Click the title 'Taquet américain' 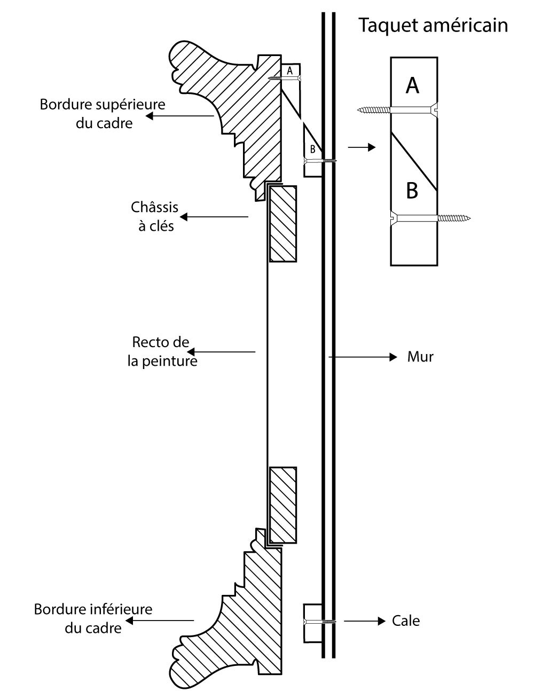coord(433,25)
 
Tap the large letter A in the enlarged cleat coord(412,85)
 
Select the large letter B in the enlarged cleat coord(412,190)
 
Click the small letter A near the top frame coord(290,70)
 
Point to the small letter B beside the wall coord(312,150)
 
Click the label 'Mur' coord(420,357)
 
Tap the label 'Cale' coord(406,621)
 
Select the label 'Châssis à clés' coord(155,216)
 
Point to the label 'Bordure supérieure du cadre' coord(103,113)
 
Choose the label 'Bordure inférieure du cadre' coord(93,618)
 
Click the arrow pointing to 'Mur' coord(363,356)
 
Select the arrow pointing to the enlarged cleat coord(362,147)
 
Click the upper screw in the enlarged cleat coord(398,110)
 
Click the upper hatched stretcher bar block coord(282,223)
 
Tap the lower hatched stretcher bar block coord(283,505)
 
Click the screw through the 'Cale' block coord(319,622)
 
